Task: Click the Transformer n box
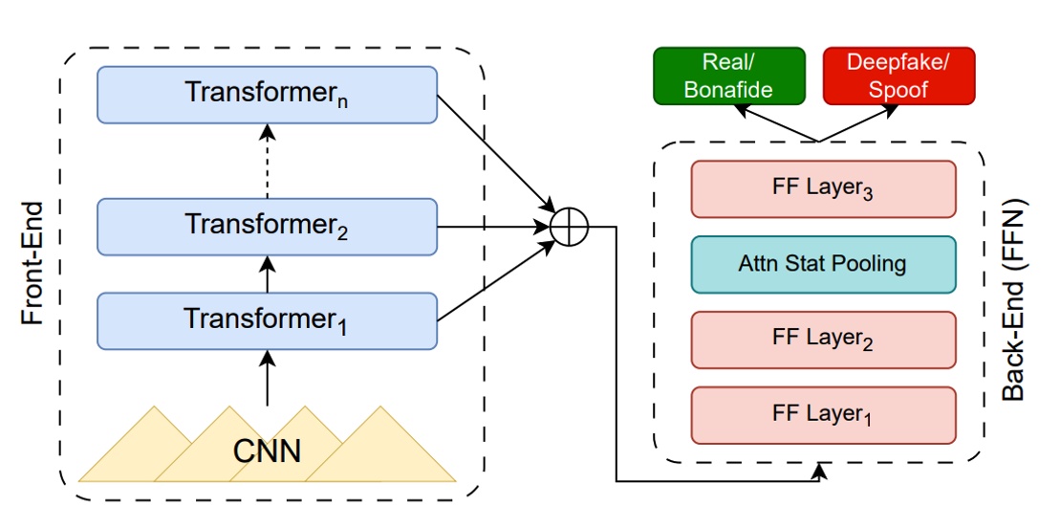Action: pos(267,94)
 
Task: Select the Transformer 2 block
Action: pos(267,227)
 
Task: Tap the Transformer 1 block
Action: pos(267,319)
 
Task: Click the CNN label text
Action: pos(267,449)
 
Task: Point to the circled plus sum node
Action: pos(570,228)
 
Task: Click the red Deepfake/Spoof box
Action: pos(898,77)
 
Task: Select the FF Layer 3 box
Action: pos(823,188)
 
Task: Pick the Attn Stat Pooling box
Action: pos(823,264)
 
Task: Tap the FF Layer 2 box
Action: pos(823,340)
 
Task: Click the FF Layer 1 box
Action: pos(823,415)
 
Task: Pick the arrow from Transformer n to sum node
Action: pos(497,153)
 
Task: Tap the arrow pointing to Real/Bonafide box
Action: pos(774,123)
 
